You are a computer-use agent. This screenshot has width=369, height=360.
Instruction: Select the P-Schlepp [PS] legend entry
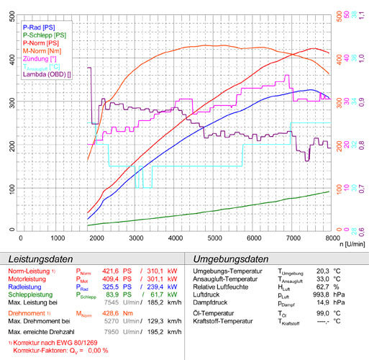pyautogui.click(x=46, y=35)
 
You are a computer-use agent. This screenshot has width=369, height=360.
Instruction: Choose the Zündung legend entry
pyautogui.click(x=40, y=58)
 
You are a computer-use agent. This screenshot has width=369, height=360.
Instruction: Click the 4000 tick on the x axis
pyautogui.click(x=176, y=237)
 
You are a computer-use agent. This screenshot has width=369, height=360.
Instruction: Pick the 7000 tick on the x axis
pyautogui.click(x=293, y=237)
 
